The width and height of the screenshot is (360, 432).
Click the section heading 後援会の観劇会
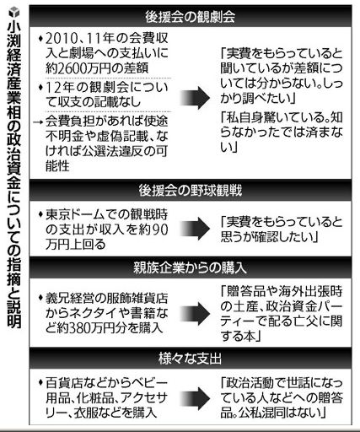(190, 17)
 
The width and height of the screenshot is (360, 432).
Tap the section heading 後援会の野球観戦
(190, 190)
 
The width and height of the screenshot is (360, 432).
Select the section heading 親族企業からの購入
(190, 267)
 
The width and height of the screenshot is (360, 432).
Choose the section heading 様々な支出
(190, 359)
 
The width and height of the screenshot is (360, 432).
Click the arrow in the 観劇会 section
(195, 98)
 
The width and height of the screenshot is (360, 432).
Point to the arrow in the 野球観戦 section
(195, 229)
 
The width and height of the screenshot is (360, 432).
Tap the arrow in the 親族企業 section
(195, 314)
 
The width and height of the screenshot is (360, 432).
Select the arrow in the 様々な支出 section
(195, 398)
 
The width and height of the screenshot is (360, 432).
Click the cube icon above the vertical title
(13, 13)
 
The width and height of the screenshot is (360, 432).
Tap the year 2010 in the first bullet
(60, 38)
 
